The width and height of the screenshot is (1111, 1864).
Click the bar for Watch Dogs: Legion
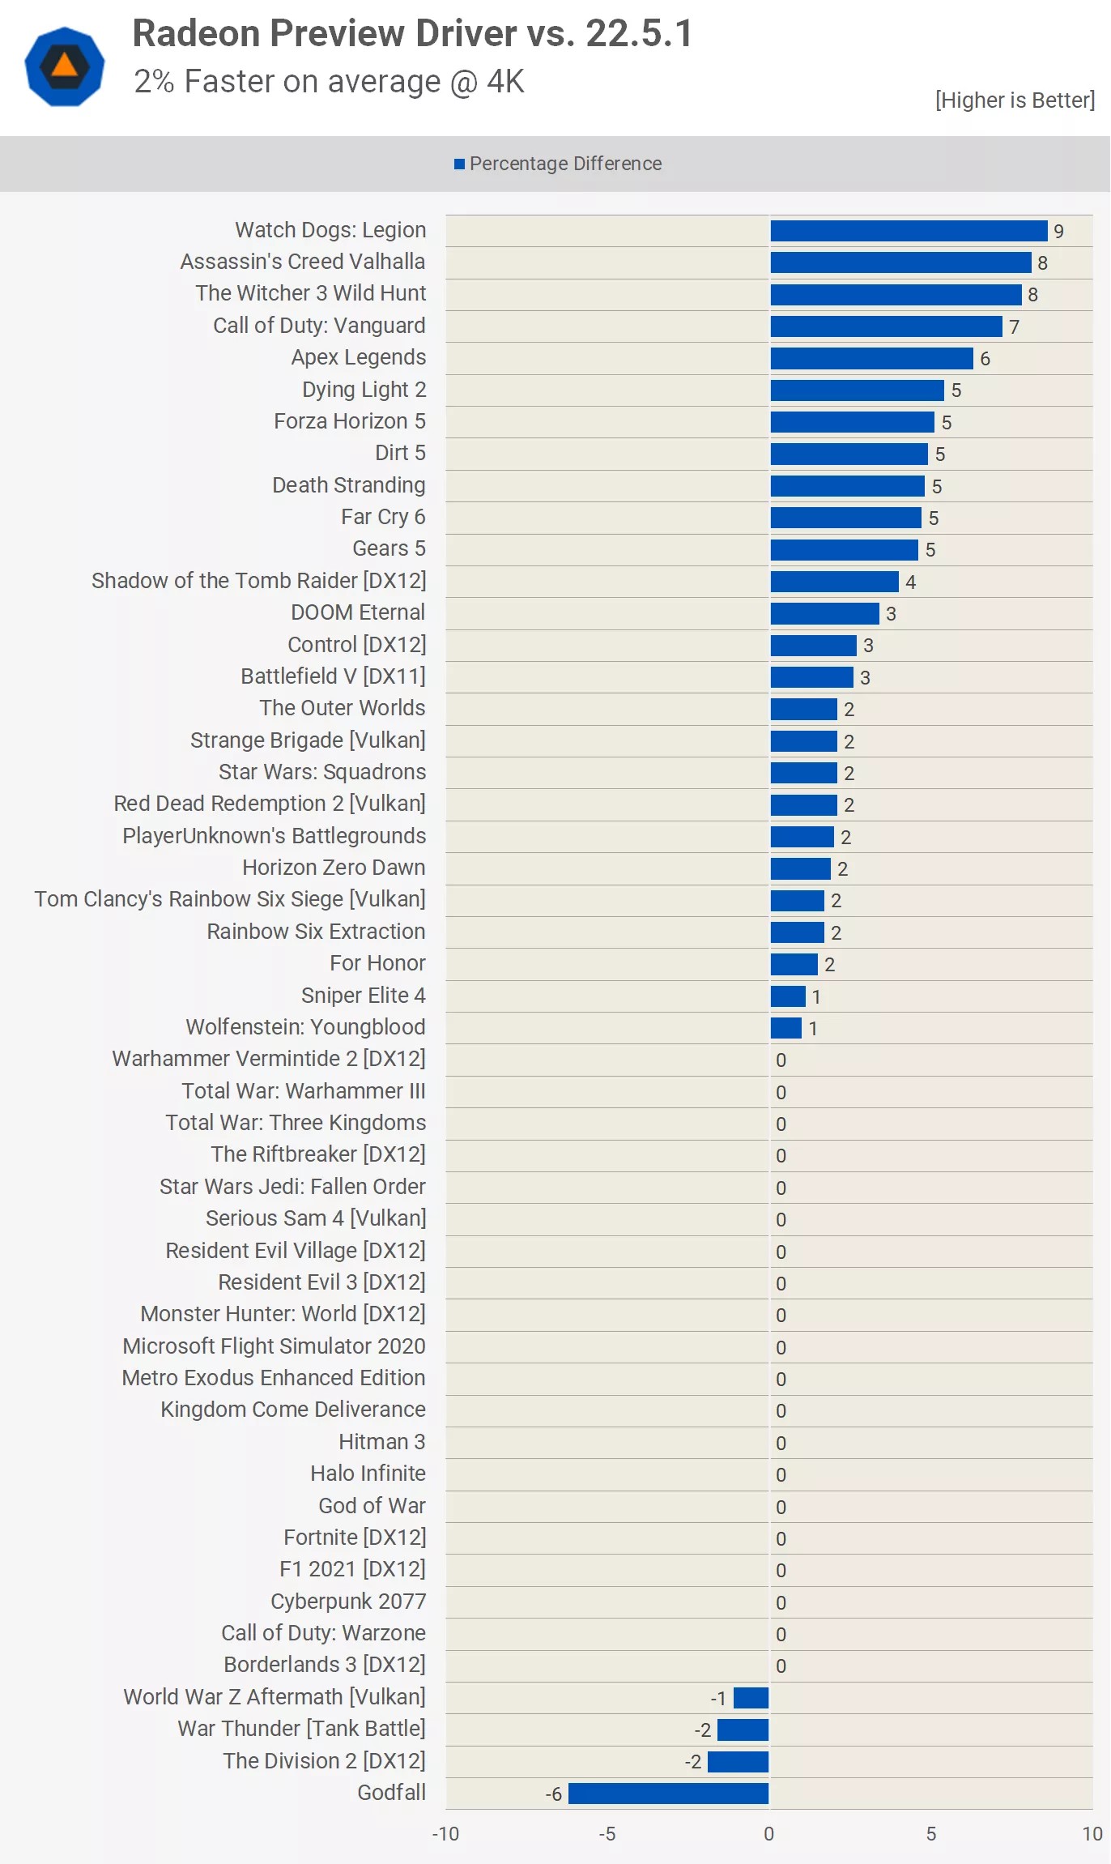909,231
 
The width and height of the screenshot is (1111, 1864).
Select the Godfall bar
668,1794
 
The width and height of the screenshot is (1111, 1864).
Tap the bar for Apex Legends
871,358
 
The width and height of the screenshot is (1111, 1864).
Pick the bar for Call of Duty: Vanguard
886,326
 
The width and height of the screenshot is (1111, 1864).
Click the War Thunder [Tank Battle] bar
743,1730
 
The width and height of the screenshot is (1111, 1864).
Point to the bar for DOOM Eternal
824,613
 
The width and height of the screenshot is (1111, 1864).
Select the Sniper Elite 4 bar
787,996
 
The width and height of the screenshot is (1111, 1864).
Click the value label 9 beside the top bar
1058,232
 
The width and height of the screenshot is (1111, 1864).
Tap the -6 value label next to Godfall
553,1794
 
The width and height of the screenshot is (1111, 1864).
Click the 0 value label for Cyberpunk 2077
781,1602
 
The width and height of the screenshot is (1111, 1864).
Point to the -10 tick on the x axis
445,1834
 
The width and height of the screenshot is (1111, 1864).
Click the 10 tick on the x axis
1092,1834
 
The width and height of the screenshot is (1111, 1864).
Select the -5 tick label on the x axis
607,1834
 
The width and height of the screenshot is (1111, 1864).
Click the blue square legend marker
459,164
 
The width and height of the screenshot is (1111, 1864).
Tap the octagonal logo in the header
65,66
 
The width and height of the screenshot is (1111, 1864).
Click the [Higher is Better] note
1014,100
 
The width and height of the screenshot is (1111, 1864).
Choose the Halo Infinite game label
368,1474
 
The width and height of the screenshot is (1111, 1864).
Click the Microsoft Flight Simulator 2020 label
274,1346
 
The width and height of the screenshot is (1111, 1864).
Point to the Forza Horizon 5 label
349,421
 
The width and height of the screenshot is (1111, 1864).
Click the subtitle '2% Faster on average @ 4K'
329,82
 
